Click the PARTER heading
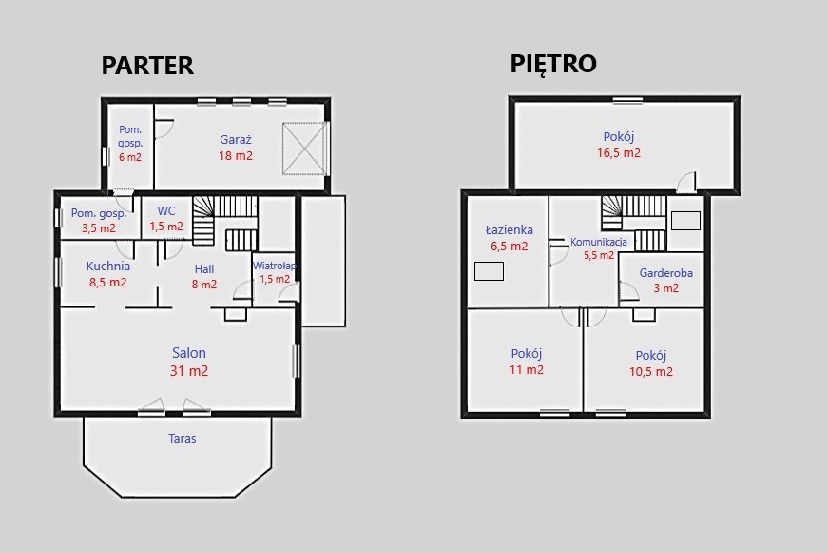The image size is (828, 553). pyautogui.click(x=147, y=66)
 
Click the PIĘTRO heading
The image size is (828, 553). pyautogui.click(x=553, y=64)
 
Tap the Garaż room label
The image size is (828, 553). pyautogui.click(x=236, y=140)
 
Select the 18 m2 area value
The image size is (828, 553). pyautogui.click(x=236, y=156)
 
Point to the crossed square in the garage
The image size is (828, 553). pyautogui.click(x=305, y=148)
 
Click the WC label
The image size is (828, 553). pyautogui.click(x=166, y=211)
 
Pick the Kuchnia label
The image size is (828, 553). pyautogui.click(x=108, y=266)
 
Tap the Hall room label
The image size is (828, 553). pyautogui.click(x=204, y=269)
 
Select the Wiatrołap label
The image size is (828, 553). pyautogui.click(x=275, y=266)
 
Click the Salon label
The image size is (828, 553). pyautogui.click(x=189, y=353)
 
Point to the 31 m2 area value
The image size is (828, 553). pyautogui.click(x=189, y=371)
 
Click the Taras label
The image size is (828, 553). pyautogui.click(x=183, y=438)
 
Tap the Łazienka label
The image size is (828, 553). pyautogui.click(x=509, y=230)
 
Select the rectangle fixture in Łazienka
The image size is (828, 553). pyautogui.click(x=489, y=271)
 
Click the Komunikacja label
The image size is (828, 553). pyautogui.click(x=599, y=242)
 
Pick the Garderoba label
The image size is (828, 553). pyautogui.click(x=665, y=273)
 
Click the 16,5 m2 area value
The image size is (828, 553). pyautogui.click(x=619, y=153)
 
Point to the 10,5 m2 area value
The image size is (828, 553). pyautogui.click(x=651, y=371)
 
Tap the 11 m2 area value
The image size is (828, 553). pyautogui.click(x=527, y=370)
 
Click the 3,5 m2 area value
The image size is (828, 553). pyautogui.click(x=99, y=228)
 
